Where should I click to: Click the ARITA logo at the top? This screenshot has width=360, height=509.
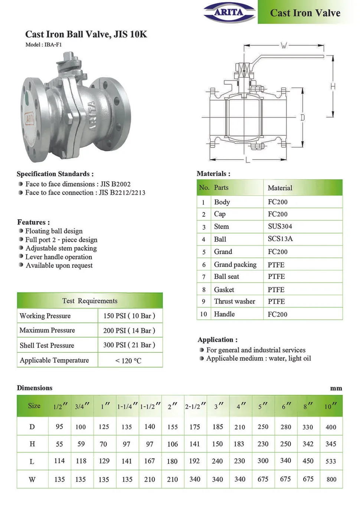[229, 12]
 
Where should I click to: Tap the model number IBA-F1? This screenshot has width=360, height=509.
[53, 45]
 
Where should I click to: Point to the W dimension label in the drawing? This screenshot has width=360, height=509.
[284, 45]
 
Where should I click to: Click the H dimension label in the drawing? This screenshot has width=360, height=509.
[333, 86]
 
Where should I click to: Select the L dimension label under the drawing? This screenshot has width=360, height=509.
[248, 160]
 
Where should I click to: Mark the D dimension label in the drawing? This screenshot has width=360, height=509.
[302, 118]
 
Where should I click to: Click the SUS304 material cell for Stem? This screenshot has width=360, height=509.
[280, 226]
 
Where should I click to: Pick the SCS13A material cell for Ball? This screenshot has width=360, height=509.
[280, 239]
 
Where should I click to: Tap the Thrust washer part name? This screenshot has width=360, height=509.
[235, 301]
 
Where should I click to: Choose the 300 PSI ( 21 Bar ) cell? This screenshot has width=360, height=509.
[129, 345]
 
